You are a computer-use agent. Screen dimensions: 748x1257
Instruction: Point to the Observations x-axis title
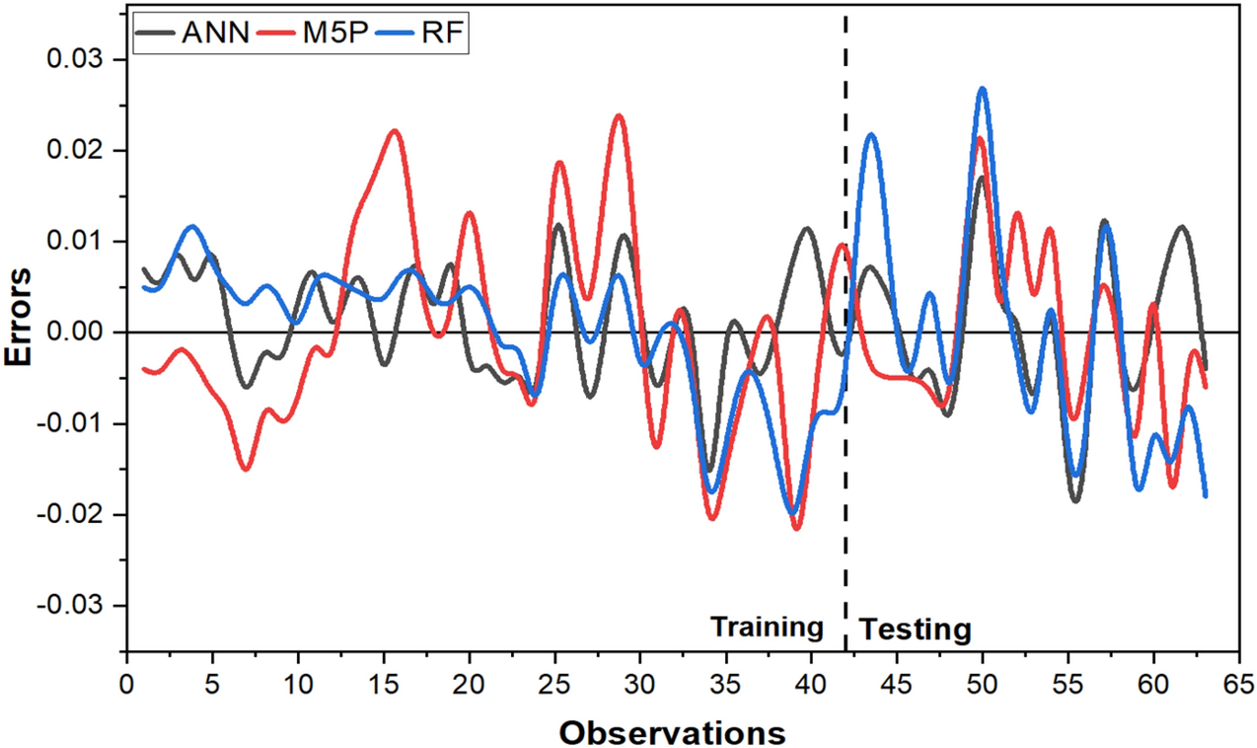point(672,732)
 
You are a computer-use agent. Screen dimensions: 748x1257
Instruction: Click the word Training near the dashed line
point(767,627)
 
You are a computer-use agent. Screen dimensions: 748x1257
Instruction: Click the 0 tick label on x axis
point(126,683)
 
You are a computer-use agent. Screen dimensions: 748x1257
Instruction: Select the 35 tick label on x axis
point(725,683)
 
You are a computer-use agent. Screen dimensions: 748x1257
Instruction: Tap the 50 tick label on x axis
point(982,683)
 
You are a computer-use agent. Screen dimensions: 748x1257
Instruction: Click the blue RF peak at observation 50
point(982,89)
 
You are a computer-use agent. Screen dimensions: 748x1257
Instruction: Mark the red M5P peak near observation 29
point(619,115)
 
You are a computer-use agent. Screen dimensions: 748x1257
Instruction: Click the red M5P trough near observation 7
point(246,469)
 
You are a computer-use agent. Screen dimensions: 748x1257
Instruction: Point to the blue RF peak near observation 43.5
point(870,134)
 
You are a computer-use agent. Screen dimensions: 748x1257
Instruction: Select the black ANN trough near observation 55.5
point(1075,500)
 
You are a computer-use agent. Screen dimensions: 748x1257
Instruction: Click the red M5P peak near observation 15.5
point(394,130)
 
